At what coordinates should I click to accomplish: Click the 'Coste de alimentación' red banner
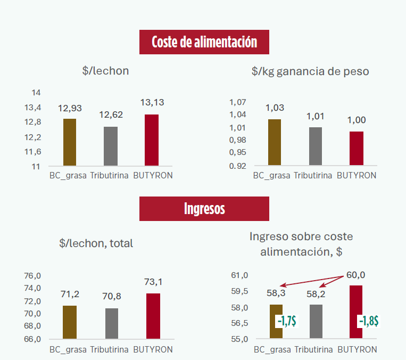(x=204, y=42)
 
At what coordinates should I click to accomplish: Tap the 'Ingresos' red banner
(x=204, y=208)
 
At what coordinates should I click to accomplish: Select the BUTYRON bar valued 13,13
(x=152, y=140)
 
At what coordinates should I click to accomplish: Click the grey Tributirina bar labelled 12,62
(x=110, y=146)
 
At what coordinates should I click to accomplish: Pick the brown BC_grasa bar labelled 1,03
(x=275, y=142)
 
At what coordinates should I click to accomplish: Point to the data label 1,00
(x=357, y=120)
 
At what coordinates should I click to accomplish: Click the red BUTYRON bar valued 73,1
(x=153, y=316)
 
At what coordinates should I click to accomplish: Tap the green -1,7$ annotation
(x=286, y=321)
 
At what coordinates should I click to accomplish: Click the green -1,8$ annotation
(x=368, y=321)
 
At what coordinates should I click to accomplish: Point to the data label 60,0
(x=355, y=275)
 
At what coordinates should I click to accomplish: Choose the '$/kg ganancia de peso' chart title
(x=310, y=71)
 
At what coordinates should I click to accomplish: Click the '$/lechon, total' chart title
(x=96, y=243)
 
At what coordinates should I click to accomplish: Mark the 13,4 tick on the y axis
(x=34, y=108)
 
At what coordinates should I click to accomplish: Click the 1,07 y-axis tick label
(x=238, y=102)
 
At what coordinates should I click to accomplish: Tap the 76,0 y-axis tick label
(x=32, y=275)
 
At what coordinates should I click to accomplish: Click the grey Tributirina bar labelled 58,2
(x=316, y=322)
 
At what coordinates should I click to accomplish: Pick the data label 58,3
(x=276, y=293)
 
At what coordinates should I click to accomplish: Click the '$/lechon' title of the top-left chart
(x=105, y=71)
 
